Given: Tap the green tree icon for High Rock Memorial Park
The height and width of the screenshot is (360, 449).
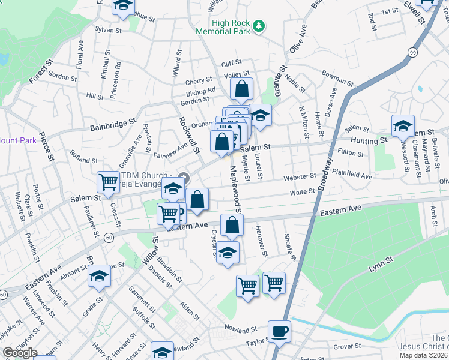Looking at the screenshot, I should click(x=259, y=25).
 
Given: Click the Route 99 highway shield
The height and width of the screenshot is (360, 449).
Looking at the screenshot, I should click(x=412, y=53).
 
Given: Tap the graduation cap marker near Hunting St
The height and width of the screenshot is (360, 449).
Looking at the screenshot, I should click(x=403, y=126).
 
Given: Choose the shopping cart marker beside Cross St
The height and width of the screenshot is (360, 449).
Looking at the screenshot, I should click(x=108, y=181).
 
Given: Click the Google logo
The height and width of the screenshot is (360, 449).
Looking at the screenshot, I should click(x=19, y=353).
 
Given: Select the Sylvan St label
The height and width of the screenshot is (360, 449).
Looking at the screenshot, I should click(x=108, y=29).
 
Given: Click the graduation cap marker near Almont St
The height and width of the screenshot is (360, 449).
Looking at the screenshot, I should click(x=99, y=276).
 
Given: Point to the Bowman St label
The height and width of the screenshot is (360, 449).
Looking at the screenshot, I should click(x=337, y=77).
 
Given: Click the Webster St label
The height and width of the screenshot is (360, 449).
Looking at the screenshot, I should click(x=301, y=177).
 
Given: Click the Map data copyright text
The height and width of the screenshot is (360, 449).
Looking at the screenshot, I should click(x=424, y=355).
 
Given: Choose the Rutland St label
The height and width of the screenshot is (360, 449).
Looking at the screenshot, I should click(x=83, y=160).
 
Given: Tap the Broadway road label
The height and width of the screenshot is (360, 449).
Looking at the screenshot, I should click(x=325, y=174).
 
